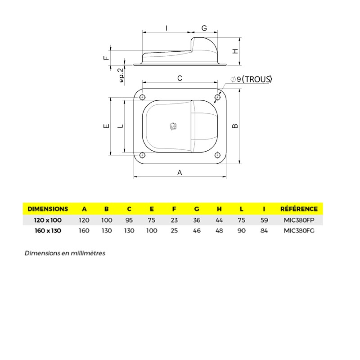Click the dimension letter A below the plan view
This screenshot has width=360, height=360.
[180, 172]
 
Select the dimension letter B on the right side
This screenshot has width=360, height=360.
[234, 126]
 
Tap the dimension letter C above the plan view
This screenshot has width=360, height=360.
[180, 78]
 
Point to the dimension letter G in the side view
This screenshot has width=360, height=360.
[204, 28]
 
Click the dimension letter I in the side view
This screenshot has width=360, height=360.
[166, 28]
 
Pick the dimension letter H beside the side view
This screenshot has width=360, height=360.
[234, 51]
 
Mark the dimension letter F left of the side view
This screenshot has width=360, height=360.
[106, 58]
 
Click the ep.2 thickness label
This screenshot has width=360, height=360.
[121, 75]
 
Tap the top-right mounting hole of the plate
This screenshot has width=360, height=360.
[217, 97]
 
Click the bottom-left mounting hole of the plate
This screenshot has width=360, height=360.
[143, 155]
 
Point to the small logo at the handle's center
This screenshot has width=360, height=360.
[173, 127]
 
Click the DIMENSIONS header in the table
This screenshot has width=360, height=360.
[48, 209]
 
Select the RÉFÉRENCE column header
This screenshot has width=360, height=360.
[299, 209]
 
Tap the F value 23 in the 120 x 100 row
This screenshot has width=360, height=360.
[174, 220]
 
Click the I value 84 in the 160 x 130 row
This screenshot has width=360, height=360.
[264, 231]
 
